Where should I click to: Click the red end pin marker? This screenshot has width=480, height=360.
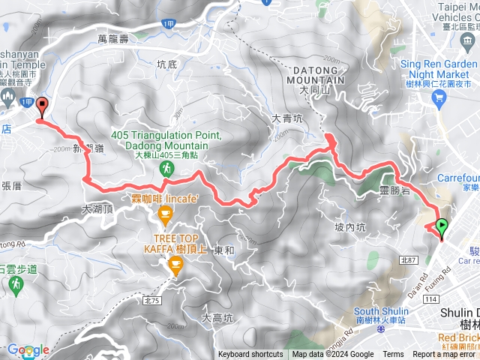[41, 106]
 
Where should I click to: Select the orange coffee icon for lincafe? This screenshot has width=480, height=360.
[164, 217]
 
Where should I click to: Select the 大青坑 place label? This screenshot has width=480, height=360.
[286, 118]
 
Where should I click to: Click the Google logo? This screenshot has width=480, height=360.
[27, 349]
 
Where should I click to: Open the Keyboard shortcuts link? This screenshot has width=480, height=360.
[251, 355]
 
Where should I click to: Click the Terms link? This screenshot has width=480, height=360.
[393, 355]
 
